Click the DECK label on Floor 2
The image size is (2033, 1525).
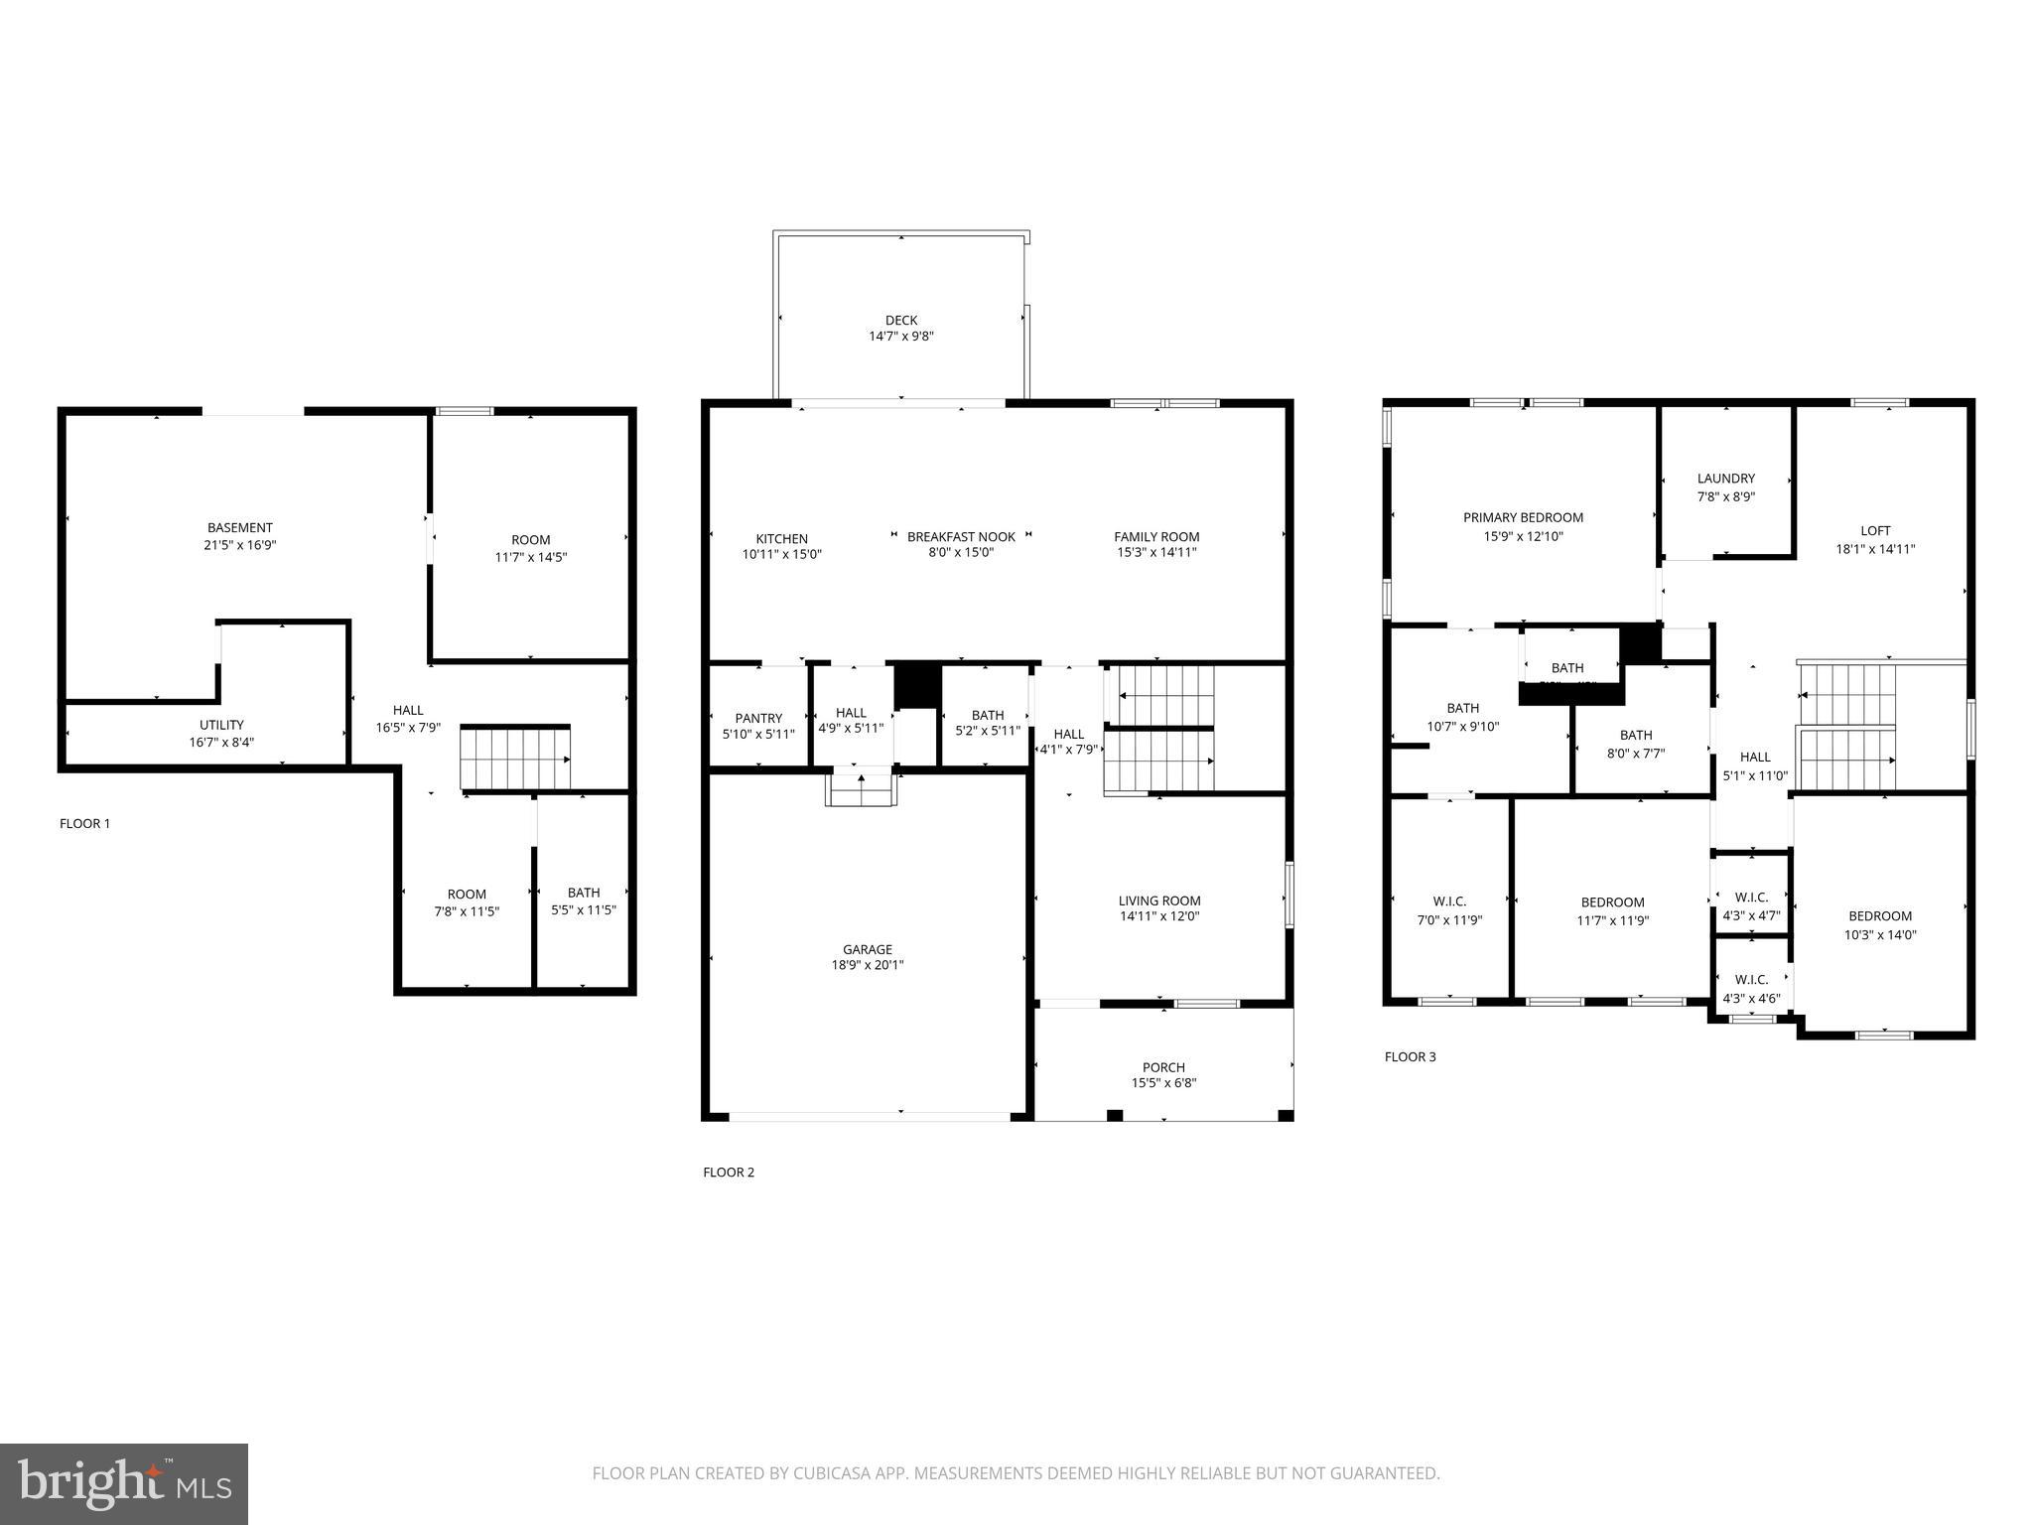pos(901,321)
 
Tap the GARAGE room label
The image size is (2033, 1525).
pos(868,949)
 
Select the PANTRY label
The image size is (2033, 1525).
pos(758,718)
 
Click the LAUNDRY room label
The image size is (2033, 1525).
pos(1725,479)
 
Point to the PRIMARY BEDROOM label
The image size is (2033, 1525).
pos(1523,517)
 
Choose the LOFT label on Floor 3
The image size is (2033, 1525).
pos(1875,531)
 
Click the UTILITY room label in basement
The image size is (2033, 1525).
pos(221,725)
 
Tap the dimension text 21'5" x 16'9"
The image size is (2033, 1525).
pos(239,544)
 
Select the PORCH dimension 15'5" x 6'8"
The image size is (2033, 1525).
pos(1163,1083)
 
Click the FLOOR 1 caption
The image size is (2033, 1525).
pos(85,823)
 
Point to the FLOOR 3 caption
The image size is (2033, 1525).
pos(1410,1056)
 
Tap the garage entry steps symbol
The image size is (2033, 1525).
pos(861,790)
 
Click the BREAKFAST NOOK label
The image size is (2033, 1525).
pos(961,536)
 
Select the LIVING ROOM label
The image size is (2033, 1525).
pos(1159,901)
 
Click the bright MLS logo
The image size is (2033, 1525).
pos(124,1484)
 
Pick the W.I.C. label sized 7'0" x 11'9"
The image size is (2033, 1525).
pos(1449,901)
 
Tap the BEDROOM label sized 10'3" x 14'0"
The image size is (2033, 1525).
pos(1879,916)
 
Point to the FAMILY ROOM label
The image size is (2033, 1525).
pos(1156,536)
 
